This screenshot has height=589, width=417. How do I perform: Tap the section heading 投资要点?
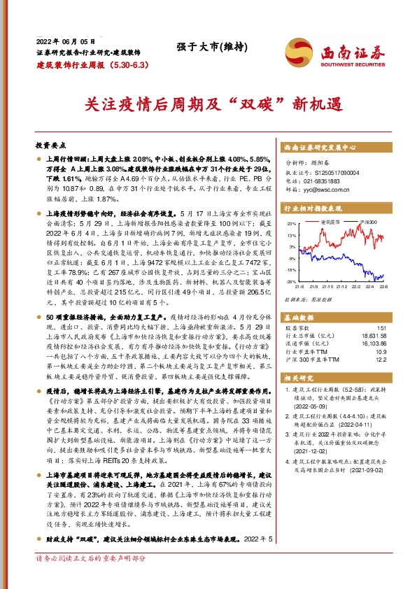[x=50, y=145]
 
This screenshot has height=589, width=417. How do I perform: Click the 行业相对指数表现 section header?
[x=313, y=208]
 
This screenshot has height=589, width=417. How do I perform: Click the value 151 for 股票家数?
[x=381, y=327]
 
